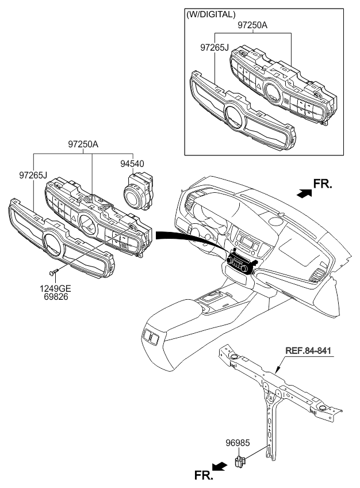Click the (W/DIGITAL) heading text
click(210, 14)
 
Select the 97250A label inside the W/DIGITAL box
click(252, 25)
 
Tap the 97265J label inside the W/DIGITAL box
click(214, 47)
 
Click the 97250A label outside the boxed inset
click(83, 144)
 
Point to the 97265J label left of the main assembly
click(33, 175)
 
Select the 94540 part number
click(132, 163)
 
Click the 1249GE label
click(55, 289)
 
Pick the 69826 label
click(56, 297)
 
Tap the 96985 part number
click(238, 443)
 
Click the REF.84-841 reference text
click(308, 351)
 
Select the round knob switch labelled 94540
click(139, 192)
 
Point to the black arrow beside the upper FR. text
click(304, 193)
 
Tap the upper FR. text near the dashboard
click(323, 184)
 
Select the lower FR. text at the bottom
click(204, 475)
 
